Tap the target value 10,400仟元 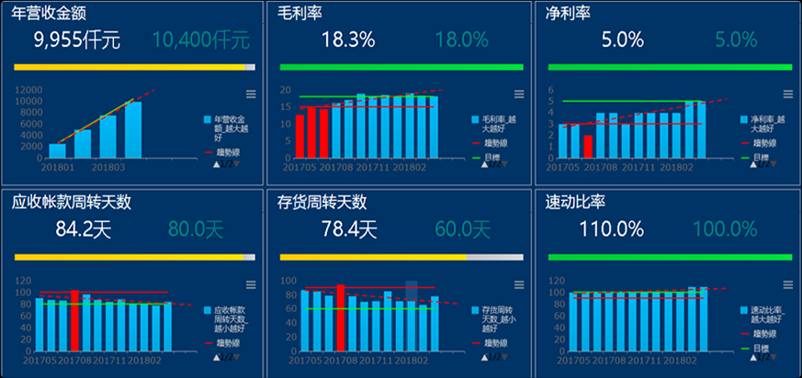201,39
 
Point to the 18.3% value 348,39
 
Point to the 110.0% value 611,228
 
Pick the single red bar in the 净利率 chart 587,147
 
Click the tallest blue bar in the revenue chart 133,128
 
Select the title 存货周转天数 322,202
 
